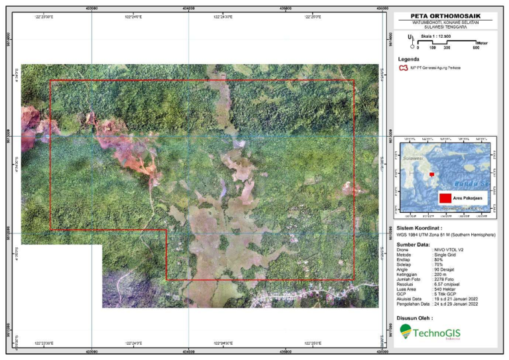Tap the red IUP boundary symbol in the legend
tap(402, 68)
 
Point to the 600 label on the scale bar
tap(476, 48)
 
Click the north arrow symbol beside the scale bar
tap(412, 40)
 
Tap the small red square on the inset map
tap(432, 174)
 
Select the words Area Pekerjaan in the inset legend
tap(467, 198)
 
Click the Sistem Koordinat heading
tap(423, 227)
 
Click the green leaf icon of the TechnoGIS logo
tap(405, 330)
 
